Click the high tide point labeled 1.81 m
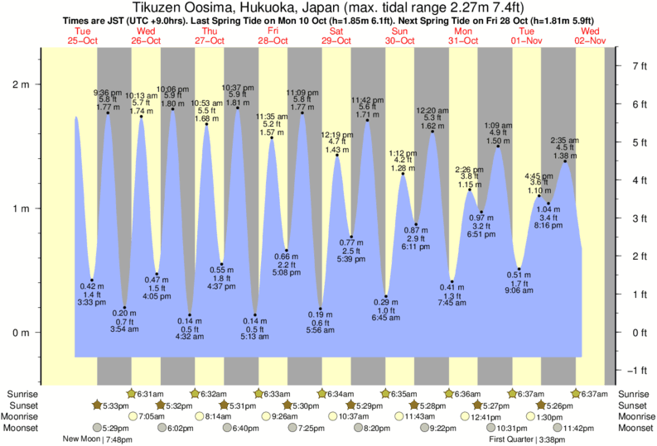[237, 108]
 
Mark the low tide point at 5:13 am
[255, 315]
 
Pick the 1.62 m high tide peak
[432, 131]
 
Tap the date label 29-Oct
[336, 41]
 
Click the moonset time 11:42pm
[579, 428]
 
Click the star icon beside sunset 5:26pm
[541, 405]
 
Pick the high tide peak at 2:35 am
[565, 161]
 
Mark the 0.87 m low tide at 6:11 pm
[416, 224]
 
